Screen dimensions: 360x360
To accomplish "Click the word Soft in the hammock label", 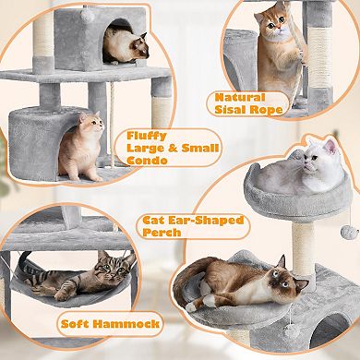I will point(74,325).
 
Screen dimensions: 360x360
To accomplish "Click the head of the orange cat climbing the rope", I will point(274,21).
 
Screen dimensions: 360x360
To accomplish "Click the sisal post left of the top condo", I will point(44,37).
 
